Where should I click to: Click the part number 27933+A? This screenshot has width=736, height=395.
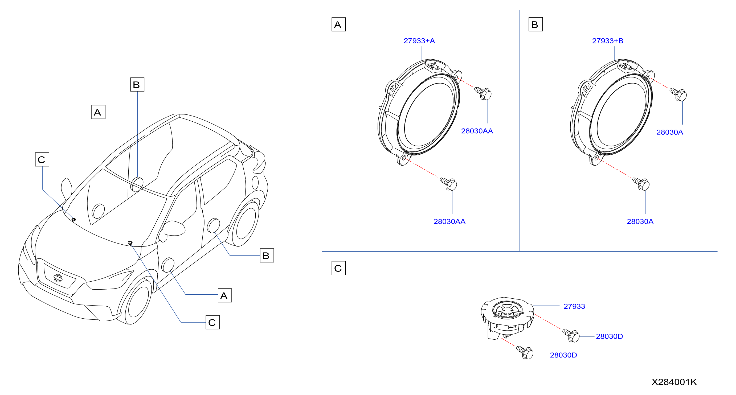tap(419, 41)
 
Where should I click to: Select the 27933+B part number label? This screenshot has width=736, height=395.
tap(608, 41)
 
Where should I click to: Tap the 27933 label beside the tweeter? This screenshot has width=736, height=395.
tap(574, 306)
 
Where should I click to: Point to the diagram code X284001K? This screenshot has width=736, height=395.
tap(674, 382)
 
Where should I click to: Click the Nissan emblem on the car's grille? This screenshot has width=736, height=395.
tap(58, 278)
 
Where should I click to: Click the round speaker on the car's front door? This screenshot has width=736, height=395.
tap(168, 265)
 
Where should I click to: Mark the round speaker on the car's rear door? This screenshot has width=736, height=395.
tap(214, 226)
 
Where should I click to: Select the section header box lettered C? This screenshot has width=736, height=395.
tap(338, 268)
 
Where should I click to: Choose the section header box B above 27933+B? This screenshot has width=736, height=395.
tap(535, 24)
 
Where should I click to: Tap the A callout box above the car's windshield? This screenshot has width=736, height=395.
tap(98, 112)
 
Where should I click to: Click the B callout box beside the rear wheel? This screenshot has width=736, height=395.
tap(267, 255)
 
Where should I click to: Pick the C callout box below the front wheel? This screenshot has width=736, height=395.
tap(212, 322)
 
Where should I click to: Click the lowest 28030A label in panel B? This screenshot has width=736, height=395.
tap(640, 222)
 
